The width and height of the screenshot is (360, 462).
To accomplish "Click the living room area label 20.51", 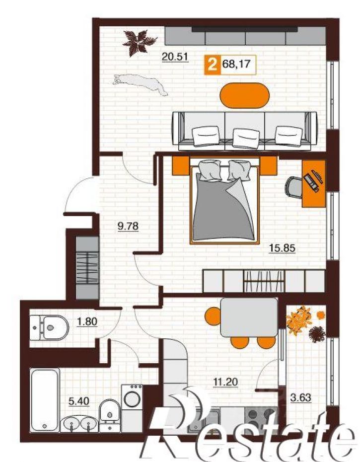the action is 175,56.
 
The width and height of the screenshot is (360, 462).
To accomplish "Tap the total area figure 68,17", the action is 236,64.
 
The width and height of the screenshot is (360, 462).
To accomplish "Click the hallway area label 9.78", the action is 128,227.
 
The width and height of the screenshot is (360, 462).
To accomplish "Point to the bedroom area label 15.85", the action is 282,248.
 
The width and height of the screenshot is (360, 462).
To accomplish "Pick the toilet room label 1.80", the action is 87,321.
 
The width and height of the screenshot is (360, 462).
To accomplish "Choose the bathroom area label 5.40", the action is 78,401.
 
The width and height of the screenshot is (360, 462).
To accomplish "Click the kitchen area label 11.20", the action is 225,382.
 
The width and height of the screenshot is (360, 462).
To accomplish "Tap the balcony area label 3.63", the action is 301,397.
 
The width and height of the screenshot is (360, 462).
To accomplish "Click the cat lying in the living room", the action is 140,83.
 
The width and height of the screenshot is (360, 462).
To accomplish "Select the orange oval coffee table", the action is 245,95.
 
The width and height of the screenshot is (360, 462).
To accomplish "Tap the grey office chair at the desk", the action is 294,186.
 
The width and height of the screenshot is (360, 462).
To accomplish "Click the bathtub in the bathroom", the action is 45,399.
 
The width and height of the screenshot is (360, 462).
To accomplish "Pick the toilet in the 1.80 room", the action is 50,328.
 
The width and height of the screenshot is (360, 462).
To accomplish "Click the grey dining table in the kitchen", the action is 249,317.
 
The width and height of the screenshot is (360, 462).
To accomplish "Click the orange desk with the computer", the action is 314,183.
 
